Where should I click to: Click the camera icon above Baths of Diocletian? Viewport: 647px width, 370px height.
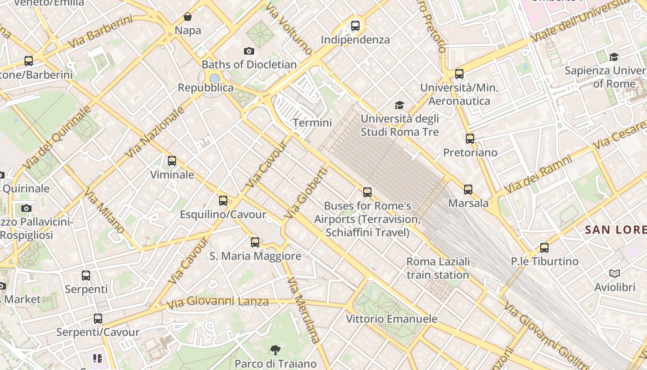pos(249,51)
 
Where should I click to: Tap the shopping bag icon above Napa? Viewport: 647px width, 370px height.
pos(188,17)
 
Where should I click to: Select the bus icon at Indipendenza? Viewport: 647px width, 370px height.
pos(355,26)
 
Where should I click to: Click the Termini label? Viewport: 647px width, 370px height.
pos(312,123)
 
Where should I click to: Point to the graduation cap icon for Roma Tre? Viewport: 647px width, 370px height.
pos(399,105)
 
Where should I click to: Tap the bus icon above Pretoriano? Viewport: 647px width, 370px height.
pos(470,139)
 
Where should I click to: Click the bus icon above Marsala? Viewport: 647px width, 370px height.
pos(468,190)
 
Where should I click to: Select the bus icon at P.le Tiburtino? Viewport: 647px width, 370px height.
pos(544,248)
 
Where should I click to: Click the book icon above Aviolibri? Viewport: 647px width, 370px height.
pos(614,274)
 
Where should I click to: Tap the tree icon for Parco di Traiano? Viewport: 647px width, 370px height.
pos(275,350)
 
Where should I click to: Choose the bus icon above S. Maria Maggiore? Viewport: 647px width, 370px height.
pos(255,242)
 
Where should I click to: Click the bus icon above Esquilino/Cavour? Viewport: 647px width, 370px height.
pos(223,201)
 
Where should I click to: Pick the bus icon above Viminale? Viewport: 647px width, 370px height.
pos(172,161)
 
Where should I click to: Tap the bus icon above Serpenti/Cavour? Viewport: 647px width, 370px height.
pos(98,319)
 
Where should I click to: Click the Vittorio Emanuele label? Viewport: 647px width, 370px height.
pos(391,319)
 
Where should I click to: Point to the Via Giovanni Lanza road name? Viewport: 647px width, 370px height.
pos(217,302)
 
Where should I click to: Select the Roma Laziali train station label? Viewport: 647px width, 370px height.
pos(438,268)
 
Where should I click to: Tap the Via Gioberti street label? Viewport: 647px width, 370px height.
pos(305,193)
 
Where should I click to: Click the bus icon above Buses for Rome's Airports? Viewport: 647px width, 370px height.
pos(367,192)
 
